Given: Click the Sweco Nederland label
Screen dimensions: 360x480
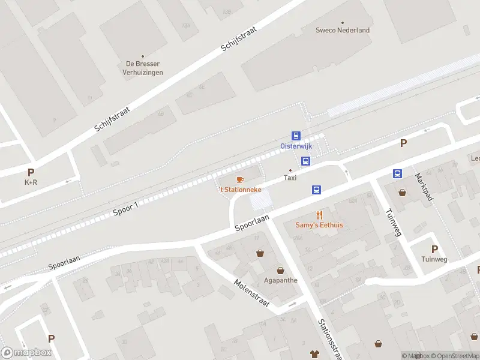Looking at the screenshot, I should point(343,30).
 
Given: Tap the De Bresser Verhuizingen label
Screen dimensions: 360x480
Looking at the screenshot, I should point(142,68).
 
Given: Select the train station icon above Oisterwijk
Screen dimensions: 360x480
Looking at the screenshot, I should point(296,136).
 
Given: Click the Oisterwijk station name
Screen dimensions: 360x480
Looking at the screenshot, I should point(296,146).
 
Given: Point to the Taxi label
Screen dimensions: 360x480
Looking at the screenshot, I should point(290,178).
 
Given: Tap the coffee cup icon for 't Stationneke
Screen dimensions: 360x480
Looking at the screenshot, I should point(240,179).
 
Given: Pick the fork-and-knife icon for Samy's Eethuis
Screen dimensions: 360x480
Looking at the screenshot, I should point(319,215).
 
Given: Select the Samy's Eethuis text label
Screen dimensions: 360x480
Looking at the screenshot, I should point(319,225).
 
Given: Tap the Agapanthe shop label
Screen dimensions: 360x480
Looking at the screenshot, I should point(280,280).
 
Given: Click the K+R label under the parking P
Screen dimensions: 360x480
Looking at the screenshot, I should point(31,182).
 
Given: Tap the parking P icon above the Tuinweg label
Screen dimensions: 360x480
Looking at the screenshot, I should point(434,249).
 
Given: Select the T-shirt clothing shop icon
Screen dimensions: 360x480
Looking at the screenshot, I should point(313,354).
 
